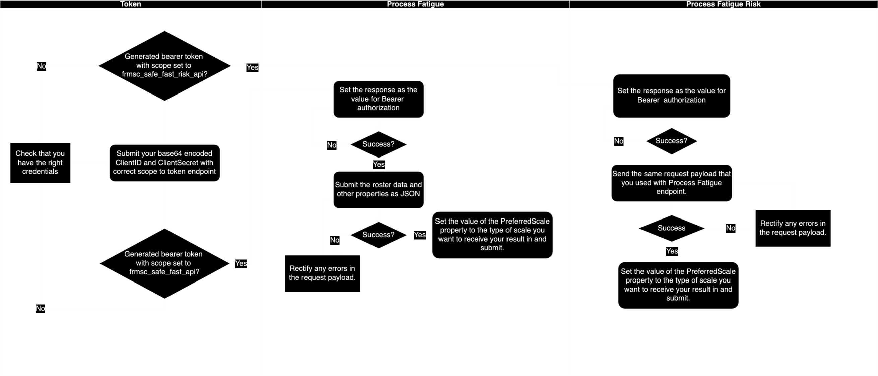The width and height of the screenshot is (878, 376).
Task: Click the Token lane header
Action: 131,4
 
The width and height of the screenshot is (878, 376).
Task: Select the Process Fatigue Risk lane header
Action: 723,4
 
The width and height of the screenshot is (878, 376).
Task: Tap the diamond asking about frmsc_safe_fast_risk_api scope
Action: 164,65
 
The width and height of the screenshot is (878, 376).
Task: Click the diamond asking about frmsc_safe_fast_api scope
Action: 164,263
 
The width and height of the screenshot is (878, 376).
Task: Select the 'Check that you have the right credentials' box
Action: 40,163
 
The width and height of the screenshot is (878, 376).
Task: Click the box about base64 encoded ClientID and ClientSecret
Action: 164,163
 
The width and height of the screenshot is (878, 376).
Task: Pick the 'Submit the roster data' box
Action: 378,190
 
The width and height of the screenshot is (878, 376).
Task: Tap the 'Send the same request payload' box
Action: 671,183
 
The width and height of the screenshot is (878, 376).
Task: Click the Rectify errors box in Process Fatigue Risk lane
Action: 793,228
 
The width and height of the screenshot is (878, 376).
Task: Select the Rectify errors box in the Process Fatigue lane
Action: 322,273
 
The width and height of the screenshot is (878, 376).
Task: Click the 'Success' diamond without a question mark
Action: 671,228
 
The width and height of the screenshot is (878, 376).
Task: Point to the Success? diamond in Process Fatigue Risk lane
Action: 671,141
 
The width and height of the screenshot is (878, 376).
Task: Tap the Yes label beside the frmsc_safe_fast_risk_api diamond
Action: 252,67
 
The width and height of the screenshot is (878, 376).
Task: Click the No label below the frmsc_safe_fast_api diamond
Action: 40,309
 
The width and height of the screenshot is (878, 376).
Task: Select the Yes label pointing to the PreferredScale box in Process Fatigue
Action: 420,235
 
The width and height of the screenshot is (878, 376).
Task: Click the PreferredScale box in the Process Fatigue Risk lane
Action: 678,285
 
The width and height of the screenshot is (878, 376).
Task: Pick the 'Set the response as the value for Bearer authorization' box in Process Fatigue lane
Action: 378,99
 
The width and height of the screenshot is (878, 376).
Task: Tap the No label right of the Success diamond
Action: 730,228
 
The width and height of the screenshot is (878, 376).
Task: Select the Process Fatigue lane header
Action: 415,4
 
